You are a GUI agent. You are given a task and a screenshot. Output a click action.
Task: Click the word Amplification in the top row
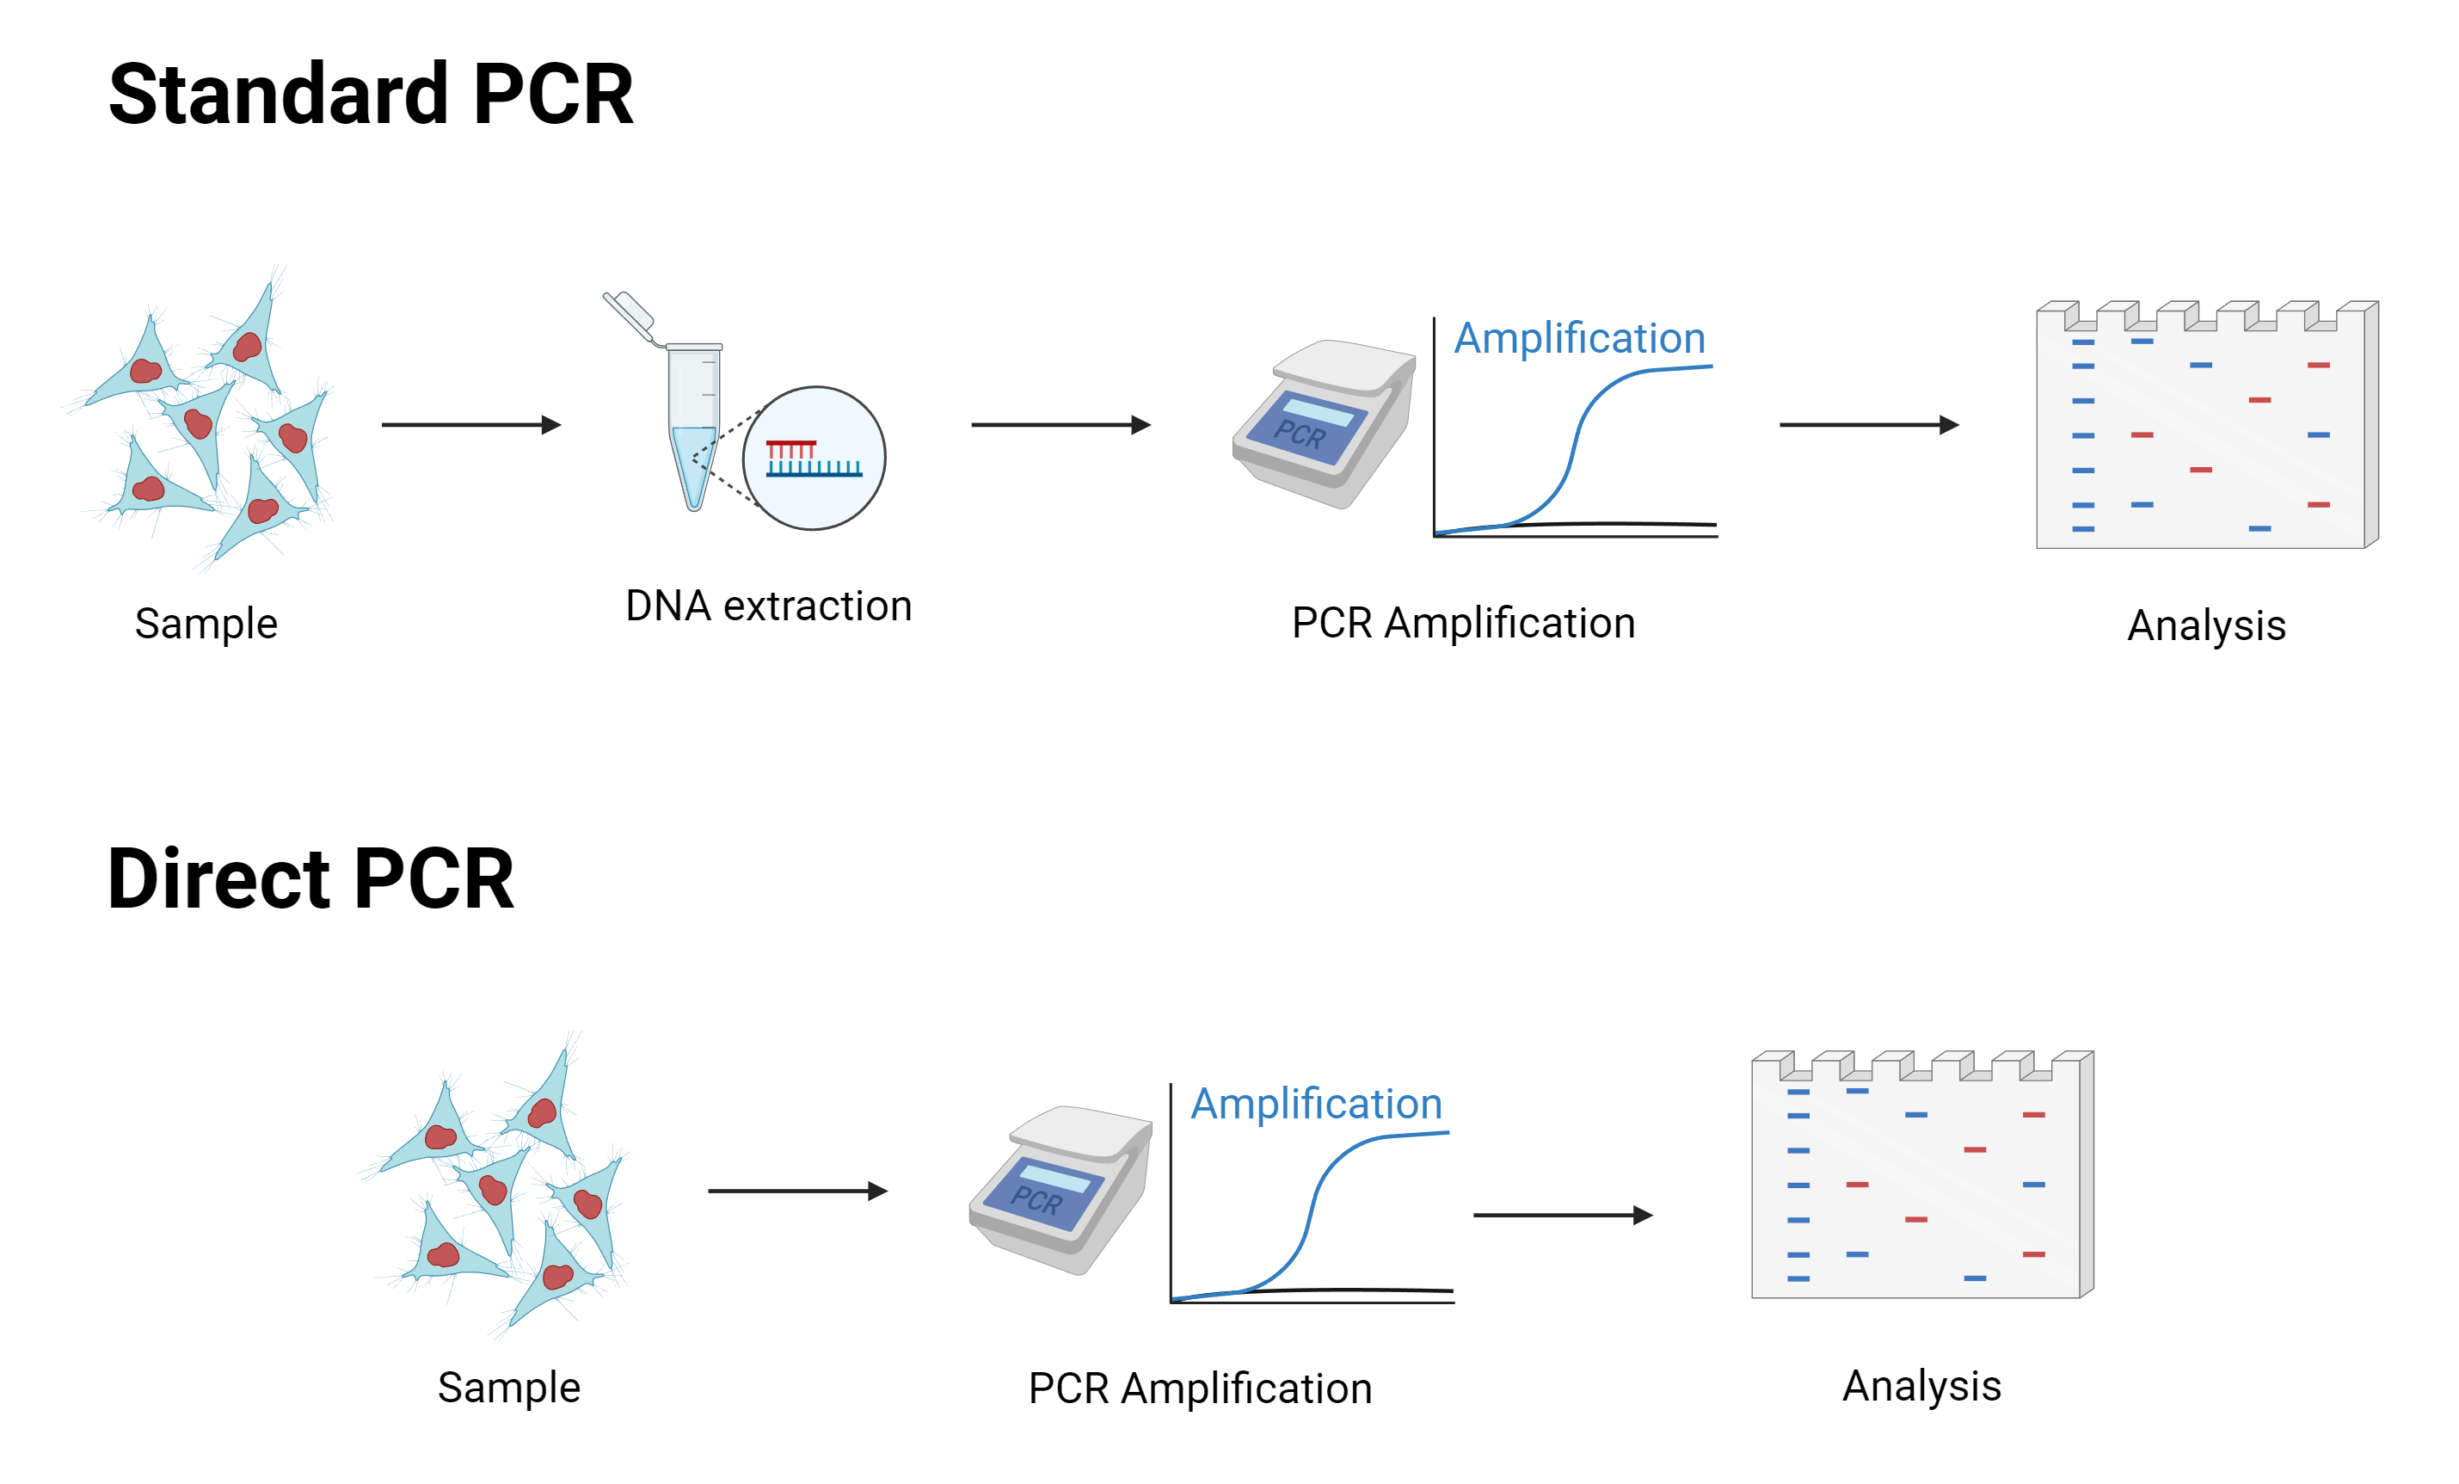click(1579, 338)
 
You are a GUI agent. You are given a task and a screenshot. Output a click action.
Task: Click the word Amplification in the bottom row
click(1316, 1104)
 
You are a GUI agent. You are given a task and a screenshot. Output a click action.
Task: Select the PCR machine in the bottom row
click(1060, 1189)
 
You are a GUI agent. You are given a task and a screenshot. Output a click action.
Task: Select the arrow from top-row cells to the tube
click(471, 425)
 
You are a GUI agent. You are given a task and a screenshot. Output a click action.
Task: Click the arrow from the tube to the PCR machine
click(1060, 425)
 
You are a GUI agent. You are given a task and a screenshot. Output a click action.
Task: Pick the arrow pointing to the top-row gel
click(1869, 425)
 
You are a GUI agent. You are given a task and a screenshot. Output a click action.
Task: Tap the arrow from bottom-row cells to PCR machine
click(797, 1191)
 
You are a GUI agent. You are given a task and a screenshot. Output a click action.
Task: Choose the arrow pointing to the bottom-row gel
click(1563, 1216)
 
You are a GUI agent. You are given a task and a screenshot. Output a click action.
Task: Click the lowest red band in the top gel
click(2318, 505)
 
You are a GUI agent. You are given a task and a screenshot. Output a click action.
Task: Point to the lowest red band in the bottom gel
click(2034, 1254)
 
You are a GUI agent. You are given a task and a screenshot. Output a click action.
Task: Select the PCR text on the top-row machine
click(1300, 435)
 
